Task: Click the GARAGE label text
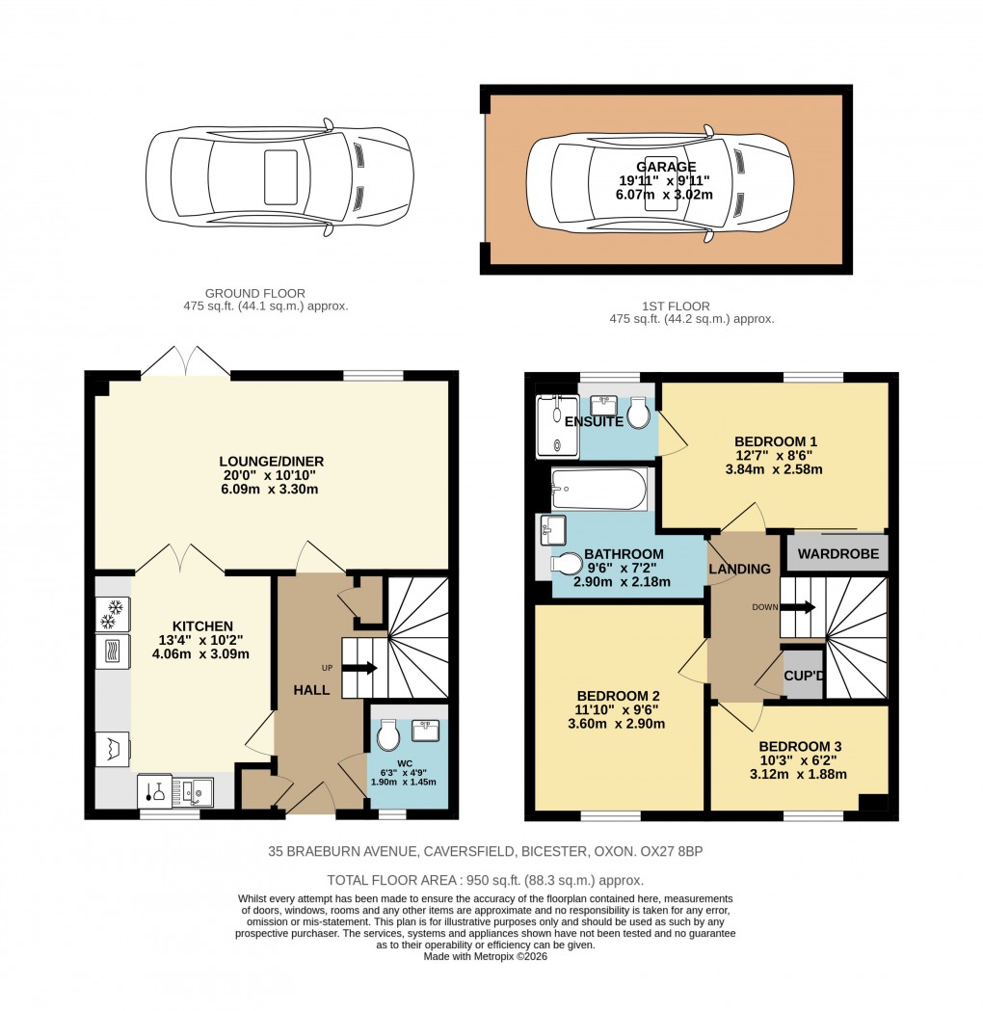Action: tap(665, 167)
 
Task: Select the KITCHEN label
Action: tap(202, 626)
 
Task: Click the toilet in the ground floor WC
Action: tap(388, 736)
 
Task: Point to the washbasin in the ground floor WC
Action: tap(425, 731)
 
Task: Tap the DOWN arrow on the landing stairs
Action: tap(798, 607)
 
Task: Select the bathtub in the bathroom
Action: tap(598, 490)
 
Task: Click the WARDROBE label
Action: tap(836, 554)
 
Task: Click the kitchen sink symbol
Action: tap(199, 791)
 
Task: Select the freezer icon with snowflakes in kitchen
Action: tap(114, 608)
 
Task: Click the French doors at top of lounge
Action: tap(186, 361)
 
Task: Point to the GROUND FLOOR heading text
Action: tap(255, 293)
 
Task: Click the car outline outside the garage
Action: tap(279, 177)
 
